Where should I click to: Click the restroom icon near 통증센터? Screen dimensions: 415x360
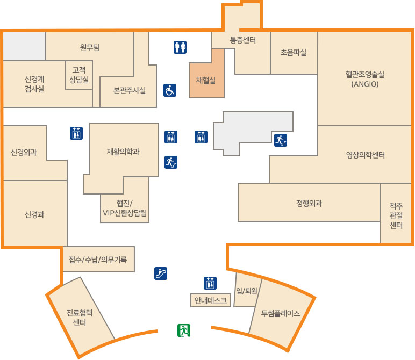click(x=180, y=47)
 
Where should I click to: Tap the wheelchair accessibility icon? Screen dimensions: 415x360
click(x=170, y=90)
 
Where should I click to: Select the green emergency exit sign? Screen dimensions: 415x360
click(x=184, y=330)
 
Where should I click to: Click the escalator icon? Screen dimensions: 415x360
click(x=161, y=273)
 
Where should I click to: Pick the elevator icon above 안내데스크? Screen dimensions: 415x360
click(x=210, y=283)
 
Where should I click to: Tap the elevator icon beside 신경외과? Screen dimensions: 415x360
click(x=76, y=133)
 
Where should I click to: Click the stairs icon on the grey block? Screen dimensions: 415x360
click(x=281, y=140)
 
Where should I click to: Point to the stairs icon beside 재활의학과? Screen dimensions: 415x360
click(x=171, y=162)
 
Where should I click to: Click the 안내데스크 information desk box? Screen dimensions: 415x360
click(x=211, y=300)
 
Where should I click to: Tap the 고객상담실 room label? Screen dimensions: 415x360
click(x=79, y=75)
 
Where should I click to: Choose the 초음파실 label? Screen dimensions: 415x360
click(x=294, y=52)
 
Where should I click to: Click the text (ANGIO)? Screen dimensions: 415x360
click(x=364, y=84)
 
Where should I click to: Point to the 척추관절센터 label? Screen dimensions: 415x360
click(x=396, y=215)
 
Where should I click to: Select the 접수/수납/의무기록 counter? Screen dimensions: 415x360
click(x=98, y=259)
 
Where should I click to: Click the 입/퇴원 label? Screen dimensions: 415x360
click(x=247, y=291)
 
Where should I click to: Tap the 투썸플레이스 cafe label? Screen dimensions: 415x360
click(x=281, y=313)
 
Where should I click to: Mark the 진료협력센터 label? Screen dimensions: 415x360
click(x=80, y=318)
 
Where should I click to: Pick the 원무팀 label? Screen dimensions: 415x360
click(x=90, y=47)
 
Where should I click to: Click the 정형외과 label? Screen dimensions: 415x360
click(x=309, y=203)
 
